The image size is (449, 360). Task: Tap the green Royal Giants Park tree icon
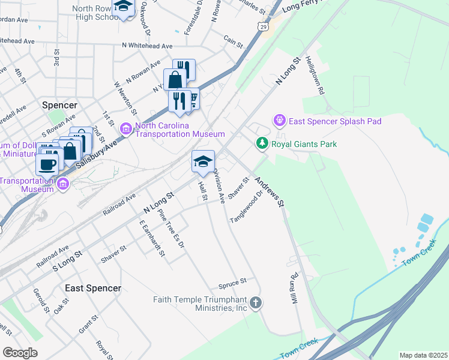(262, 143)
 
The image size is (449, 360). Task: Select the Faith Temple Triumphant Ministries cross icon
(256, 302)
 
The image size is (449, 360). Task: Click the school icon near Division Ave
(203, 161)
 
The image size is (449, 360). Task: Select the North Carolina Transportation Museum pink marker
(126, 128)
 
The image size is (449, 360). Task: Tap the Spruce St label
(234, 281)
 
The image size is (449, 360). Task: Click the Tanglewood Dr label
(247, 207)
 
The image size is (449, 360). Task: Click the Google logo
(20, 352)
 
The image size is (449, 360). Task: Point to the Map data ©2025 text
(423, 355)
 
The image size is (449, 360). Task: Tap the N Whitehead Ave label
(146, 46)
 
